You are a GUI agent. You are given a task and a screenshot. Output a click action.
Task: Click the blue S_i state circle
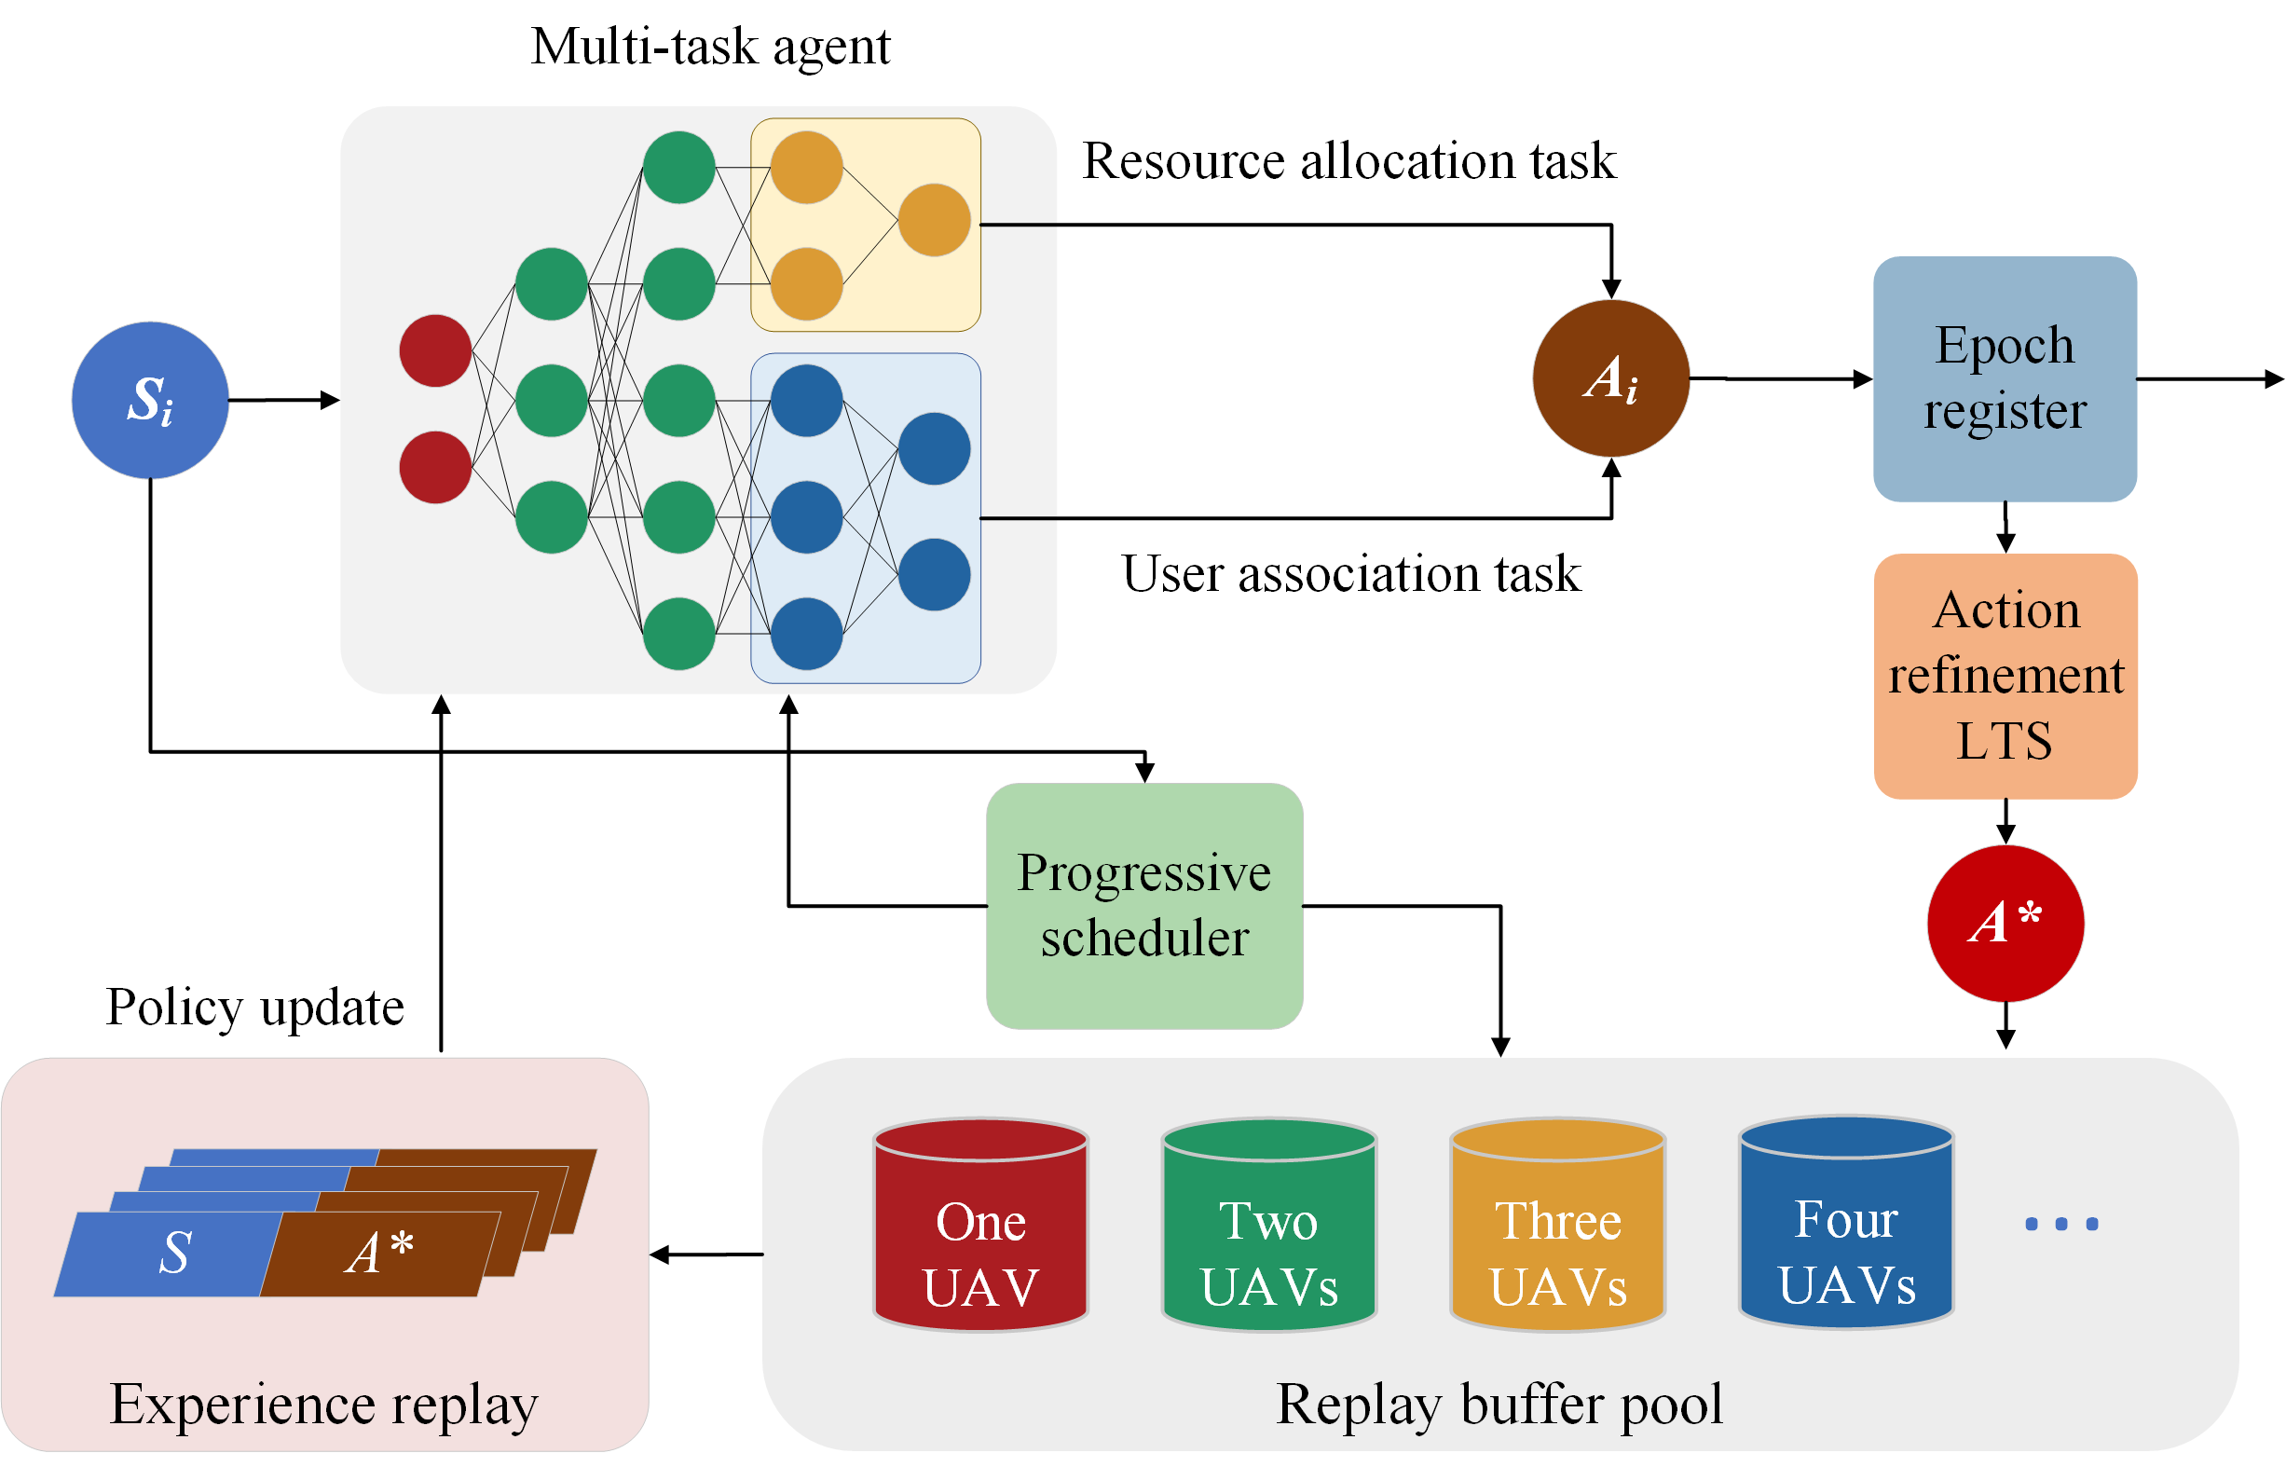coord(150,400)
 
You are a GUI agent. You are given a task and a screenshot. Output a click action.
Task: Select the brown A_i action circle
coord(1610,378)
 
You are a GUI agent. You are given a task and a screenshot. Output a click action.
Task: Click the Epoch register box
coord(2005,378)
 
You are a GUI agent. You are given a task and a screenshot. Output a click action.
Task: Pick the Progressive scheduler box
coord(1144,906)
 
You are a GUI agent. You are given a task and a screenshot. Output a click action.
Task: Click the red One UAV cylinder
coord(981,1224)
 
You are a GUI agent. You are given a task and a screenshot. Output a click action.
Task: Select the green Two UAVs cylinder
coord(1268,1224)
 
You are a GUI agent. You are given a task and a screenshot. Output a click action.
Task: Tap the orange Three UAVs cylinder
coord(1557,1224)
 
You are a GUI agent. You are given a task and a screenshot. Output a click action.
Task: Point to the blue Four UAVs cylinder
coord(1846,1222)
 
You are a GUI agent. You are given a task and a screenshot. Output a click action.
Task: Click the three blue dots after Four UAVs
coord(2061,1224)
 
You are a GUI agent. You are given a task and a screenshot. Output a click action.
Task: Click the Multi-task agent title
coord(710,48)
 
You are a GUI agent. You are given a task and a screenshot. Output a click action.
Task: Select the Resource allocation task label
coord(1348,160)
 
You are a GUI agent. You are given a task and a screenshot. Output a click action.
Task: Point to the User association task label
coord(1350,573)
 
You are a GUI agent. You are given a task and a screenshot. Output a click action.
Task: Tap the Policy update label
coord(255,1008)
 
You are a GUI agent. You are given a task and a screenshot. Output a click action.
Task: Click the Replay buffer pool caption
coord(1499,1405)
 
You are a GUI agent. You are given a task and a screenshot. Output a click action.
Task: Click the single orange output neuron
coord(935,220)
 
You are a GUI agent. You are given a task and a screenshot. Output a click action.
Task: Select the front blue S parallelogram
coord(169,1254)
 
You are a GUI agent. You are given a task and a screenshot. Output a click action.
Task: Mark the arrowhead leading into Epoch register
coord(1863,379)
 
